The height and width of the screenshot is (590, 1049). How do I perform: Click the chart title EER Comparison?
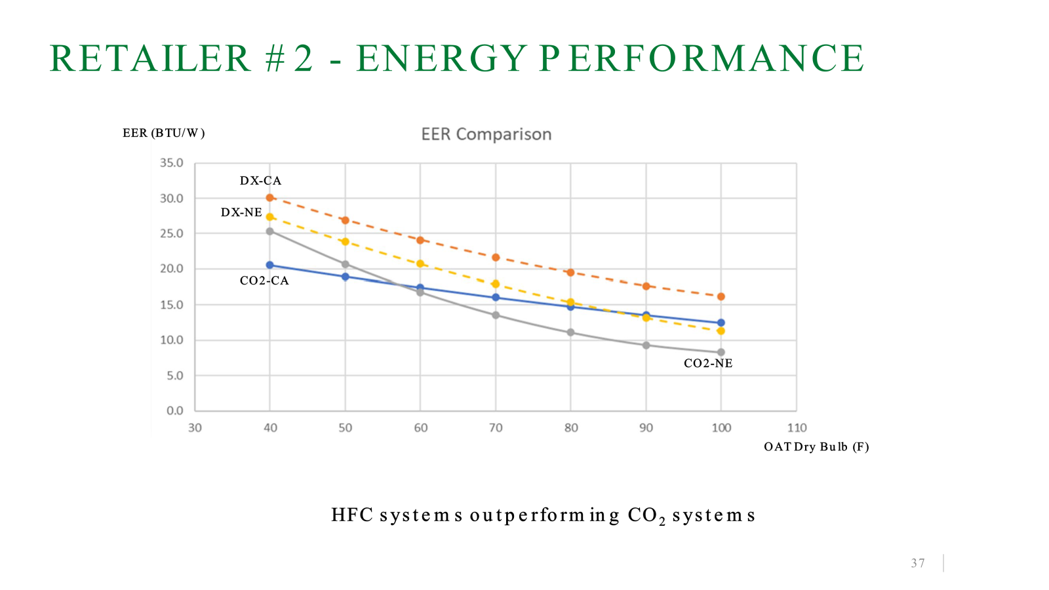[486, 134]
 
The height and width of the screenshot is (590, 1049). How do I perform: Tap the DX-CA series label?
[260, 181]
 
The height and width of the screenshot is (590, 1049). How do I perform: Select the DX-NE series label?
[241, 212]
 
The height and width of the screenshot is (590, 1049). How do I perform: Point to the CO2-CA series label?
[264, 281]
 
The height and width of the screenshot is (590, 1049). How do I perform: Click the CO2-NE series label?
[708, 363]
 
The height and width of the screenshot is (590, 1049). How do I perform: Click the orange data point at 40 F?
[269, 197]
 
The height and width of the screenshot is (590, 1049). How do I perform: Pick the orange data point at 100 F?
[721, 296]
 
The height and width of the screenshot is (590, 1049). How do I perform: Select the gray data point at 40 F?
[269, 231]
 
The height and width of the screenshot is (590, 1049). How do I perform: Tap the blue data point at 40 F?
[269, 265]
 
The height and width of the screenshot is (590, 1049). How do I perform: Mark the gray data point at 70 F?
[496, 315]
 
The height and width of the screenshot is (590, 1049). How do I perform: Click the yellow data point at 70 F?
[496, 284]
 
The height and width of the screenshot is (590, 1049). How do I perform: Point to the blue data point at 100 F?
[721, 323]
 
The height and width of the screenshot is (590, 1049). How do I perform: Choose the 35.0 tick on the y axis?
[172, 163]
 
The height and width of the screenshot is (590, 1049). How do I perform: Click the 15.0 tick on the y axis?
[172, 305]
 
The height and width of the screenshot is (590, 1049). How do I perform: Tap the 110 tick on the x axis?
[797, 427]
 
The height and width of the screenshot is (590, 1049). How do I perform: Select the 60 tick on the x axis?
[420, 427]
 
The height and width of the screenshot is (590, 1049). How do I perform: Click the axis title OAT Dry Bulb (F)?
[816, 446]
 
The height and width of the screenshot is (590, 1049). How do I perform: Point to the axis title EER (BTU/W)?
[164, 133]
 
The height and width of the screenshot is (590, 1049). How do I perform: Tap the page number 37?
[918, 563]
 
